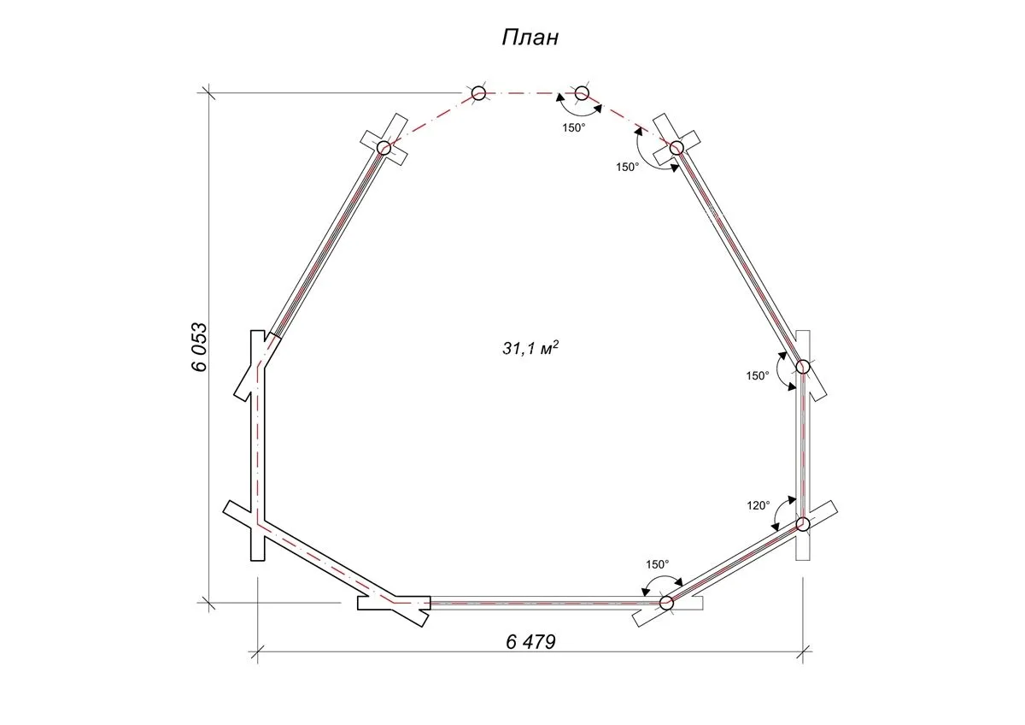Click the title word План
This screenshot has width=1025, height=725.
pos(530,38)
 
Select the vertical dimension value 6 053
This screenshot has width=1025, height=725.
pos(200,348)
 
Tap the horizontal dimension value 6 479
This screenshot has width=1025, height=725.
pos(530,642)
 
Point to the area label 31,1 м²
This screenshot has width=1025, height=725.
pos(530,348)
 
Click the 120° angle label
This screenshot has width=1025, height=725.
pos(758,505)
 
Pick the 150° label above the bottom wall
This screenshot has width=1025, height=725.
pos(658,564)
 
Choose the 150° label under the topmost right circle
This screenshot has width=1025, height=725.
pos(574,127)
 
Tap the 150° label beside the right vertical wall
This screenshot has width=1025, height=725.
pos(758,375)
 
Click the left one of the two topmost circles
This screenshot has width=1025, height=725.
pos(478,93)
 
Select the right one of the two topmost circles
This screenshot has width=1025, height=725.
pos(582,93)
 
